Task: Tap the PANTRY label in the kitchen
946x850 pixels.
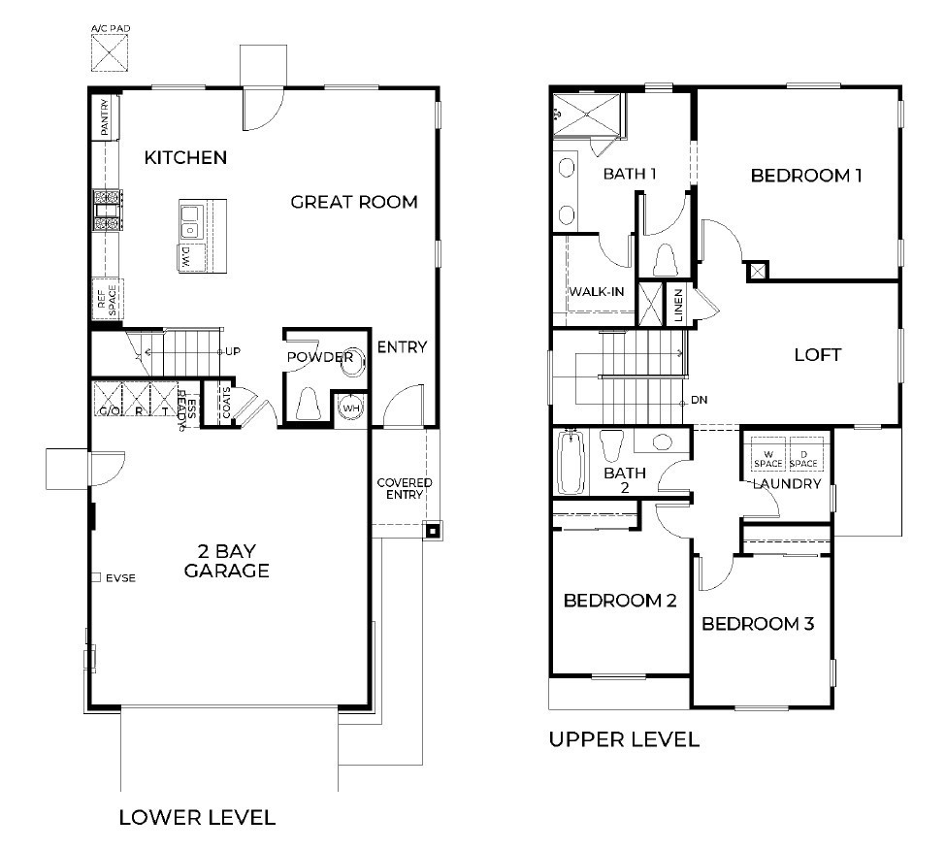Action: [103, 117]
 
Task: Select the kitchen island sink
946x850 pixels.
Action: [190, 221]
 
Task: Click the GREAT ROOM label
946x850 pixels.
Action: [354, 202]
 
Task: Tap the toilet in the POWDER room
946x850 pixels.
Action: [308, 403]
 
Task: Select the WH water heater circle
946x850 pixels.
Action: [350, 408]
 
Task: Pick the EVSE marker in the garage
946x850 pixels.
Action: [96, 577]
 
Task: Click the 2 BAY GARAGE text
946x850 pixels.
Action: [226, 561]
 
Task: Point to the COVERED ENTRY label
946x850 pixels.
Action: [404, 488]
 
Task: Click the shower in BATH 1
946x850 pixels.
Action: [588, 114]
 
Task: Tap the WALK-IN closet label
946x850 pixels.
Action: [596, 291]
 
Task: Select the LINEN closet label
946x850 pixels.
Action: [679, 304]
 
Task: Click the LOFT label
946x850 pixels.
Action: [817, 354]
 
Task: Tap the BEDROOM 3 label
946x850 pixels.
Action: [757, 623]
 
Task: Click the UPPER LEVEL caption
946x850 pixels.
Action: [623, 739]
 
